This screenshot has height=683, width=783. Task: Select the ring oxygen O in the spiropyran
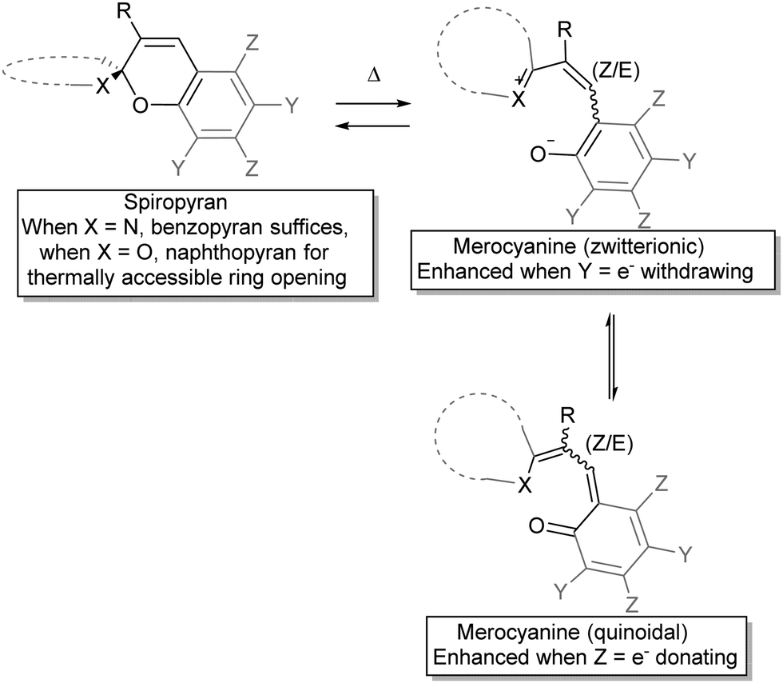tap(141, 106)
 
